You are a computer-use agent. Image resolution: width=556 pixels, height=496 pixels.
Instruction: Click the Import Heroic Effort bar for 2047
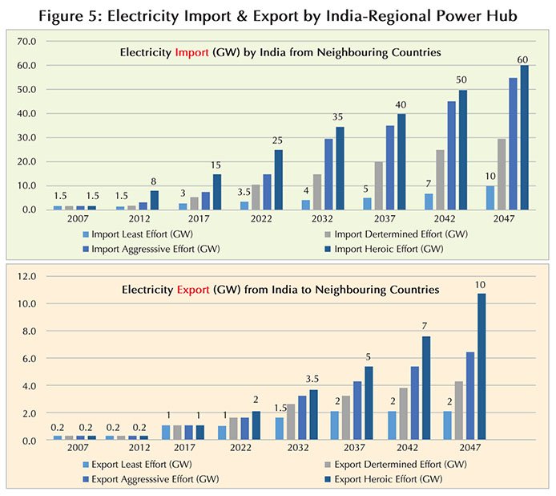525,136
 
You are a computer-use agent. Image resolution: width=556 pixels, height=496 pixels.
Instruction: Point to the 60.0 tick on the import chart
26,65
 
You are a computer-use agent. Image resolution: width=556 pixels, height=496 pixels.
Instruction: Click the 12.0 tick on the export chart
26,277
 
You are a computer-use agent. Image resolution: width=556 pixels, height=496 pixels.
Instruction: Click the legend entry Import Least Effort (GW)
139,234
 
